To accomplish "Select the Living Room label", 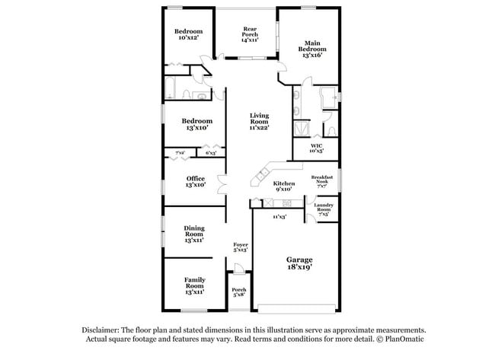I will tap(260, 122).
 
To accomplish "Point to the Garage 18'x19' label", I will tap(299, 263).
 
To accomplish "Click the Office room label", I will tap(195, 182).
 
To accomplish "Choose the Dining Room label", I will tap(195, 234).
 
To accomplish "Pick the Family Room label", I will tap(195, 285).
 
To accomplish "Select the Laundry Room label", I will tap(324, 209).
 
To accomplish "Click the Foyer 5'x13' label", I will tap(240, 247).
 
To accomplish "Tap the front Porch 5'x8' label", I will tap(239, 292).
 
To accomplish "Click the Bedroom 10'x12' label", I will tap(189, 34).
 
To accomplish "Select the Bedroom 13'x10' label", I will tap(196, 124).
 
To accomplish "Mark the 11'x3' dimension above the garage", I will tap(279, 217).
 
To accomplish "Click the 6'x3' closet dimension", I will tap(211, 153).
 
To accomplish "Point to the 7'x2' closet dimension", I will tap(180, 153).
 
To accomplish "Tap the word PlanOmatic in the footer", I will tap(403, 339).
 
